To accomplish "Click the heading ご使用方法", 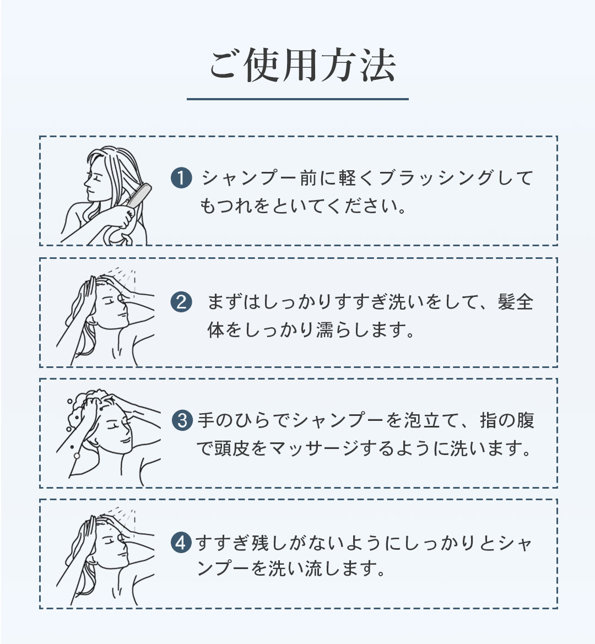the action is [x=303, y=66].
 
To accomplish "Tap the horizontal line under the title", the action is [x=297, y=99].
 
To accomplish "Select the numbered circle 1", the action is [x=181, y=178].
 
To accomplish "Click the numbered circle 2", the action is [x=181, y=302].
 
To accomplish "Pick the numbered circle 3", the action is [x=182, y=420].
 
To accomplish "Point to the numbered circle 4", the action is [x=181, y=543].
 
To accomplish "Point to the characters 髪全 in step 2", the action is [x=515, y=302].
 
